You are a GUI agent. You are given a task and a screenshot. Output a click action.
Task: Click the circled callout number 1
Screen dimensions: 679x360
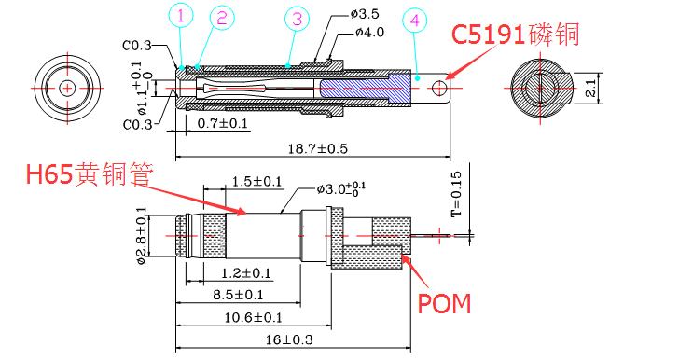coord(181,16)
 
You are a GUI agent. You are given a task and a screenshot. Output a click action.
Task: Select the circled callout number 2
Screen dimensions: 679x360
coord(222,19)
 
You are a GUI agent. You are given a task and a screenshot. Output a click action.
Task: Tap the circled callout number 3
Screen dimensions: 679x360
coord(297,19)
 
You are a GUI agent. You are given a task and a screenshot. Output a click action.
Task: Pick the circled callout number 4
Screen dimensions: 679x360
coord(415,21)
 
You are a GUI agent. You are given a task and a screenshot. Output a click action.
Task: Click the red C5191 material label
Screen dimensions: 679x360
coord(515,35)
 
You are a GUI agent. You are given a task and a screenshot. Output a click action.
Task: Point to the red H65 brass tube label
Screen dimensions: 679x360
coord(90,174)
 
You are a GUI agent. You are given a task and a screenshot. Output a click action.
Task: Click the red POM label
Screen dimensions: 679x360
coord(444,304)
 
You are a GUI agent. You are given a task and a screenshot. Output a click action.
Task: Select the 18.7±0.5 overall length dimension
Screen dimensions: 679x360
coord(318,149)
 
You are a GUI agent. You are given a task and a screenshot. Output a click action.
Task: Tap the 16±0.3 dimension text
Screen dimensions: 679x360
coord(289,339)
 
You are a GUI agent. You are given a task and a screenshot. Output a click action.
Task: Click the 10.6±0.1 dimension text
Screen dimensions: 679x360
coord(253,317)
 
